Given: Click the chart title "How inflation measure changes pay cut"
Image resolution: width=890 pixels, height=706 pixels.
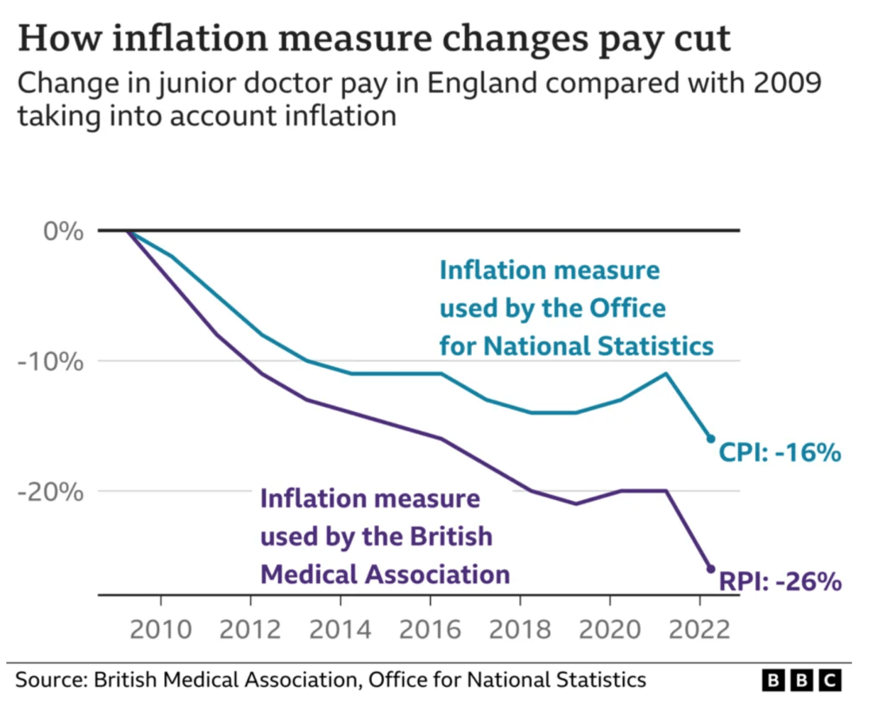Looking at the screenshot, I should (374, 41).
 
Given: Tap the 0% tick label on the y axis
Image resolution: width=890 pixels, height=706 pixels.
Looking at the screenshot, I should (63, 231).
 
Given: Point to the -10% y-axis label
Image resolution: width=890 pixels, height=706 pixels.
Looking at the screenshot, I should (53, 361).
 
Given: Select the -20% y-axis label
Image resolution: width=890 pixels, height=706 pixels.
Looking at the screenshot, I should (53, 491).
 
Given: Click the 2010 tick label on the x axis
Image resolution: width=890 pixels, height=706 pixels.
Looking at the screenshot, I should (161, 628).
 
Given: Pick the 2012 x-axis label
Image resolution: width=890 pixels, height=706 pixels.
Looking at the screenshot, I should (250, 628).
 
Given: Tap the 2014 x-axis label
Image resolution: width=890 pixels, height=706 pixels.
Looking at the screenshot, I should (340, 628).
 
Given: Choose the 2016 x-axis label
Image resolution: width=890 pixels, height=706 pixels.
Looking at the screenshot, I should (430, 628).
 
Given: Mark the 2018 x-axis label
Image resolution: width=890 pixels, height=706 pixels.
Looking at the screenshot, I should (520, 628).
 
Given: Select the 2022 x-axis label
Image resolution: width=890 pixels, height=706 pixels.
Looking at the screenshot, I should (700, 628).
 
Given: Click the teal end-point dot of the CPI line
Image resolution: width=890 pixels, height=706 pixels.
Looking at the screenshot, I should (710, 438).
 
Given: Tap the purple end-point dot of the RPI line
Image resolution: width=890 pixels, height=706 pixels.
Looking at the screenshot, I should (710, 569).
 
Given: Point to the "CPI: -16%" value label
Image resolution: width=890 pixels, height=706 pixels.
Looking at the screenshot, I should (780, 452).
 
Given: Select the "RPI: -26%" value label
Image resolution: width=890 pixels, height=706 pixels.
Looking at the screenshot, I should (780, 581).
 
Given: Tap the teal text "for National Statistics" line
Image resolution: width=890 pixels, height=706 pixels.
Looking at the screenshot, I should (576, 346).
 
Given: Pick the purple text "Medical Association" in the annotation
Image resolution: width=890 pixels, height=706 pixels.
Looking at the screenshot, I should (385, 574).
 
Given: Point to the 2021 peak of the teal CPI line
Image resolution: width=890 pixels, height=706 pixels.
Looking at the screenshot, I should (666, 374).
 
